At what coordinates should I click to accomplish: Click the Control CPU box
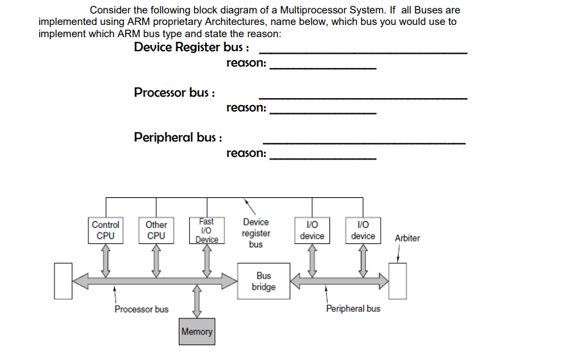coord(105,230)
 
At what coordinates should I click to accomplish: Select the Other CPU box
coord(156,230)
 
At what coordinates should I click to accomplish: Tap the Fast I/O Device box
coord(206,230)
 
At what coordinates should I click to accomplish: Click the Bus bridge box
coord(263,281)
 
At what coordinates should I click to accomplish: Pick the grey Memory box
coord(197,331)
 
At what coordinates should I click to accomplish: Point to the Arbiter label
coord(407,238)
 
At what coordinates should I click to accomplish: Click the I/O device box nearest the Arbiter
coord(363,230)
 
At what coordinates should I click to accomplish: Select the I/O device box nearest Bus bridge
coord(312,230)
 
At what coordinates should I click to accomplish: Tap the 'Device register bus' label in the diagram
coord(256,233)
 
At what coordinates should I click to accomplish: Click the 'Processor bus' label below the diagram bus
coord(142,309)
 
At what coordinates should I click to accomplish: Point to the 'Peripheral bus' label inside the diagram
coord(353,309)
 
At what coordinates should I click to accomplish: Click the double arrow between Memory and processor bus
coord(197,301)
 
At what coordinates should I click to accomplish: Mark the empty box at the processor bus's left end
coord(63,281)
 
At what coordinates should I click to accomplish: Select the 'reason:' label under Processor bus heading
coord(246,108)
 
